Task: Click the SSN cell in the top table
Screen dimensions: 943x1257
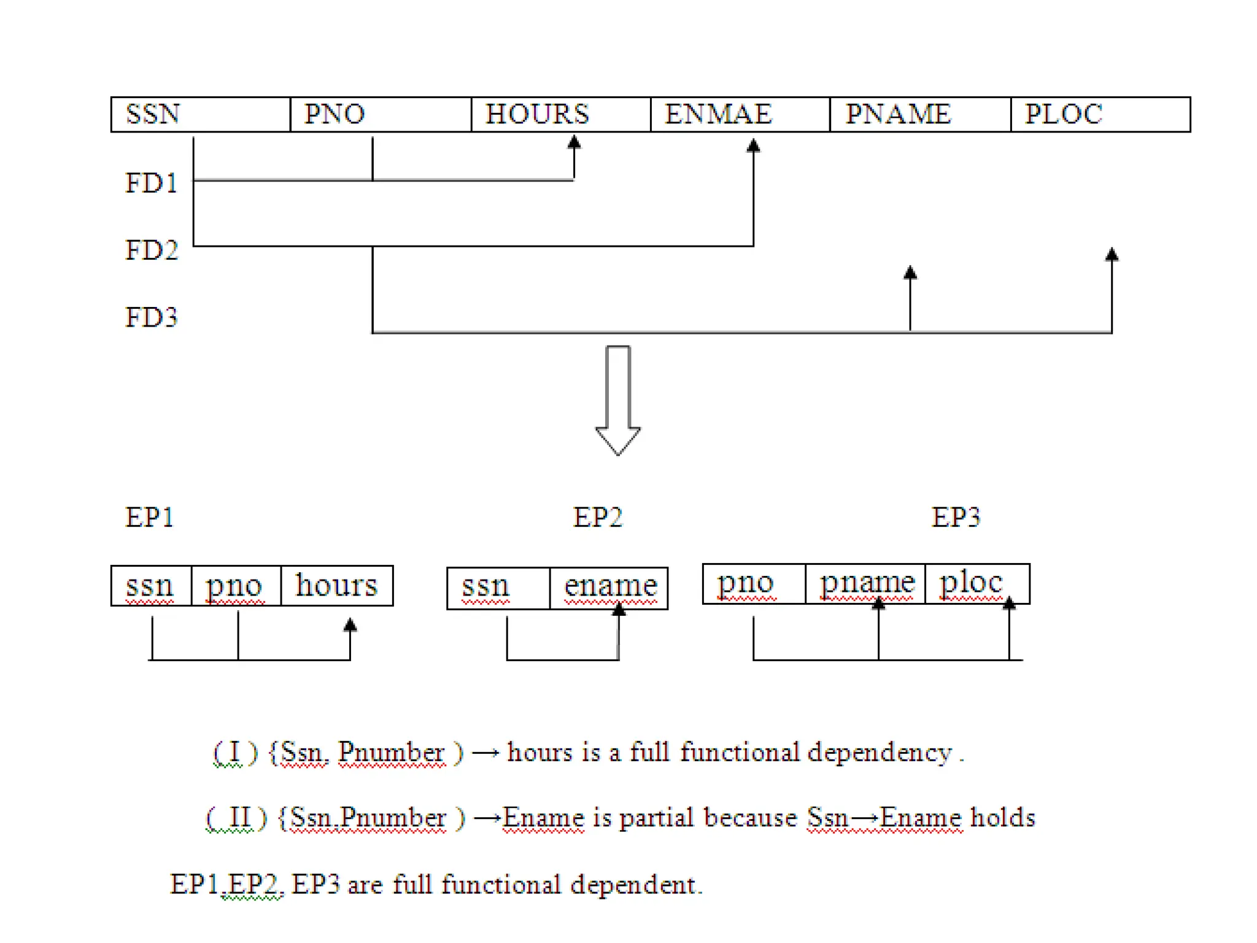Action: click(x=200, y=114)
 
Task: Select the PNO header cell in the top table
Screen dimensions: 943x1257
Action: click(x=380, y=114)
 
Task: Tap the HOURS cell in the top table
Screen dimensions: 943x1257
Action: click(x=560, y=114)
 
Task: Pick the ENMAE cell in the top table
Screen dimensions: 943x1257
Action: click(x=740, y=114)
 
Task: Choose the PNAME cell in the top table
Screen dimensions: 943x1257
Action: click(x=919, y=114)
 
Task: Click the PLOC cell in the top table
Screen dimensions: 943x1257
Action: click(x=1100, y=114)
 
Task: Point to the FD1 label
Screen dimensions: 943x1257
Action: click(x=151, y=183)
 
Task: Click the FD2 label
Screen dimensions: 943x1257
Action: click(x=151, y=250)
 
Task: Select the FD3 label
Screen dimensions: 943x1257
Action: click(x=151, y=317)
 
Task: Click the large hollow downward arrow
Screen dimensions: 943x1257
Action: click(x=617, y=399)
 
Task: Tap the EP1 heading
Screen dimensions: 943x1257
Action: click(x=149, y=518)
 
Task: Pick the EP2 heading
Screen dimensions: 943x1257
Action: click(x=597, y=518)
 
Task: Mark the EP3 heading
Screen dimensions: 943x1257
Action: click(x=956, y=518)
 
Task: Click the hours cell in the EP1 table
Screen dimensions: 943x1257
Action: click(x=336, y=585)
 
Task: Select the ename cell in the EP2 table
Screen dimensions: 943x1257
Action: click(x=609, y=587)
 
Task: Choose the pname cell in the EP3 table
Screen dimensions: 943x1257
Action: click(x=865, y=583)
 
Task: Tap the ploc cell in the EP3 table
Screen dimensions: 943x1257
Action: click(x=976, y=583)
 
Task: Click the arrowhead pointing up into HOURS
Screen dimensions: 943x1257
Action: click(x=574, y=143)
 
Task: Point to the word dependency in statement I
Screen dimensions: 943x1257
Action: click(x=879, y=753)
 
